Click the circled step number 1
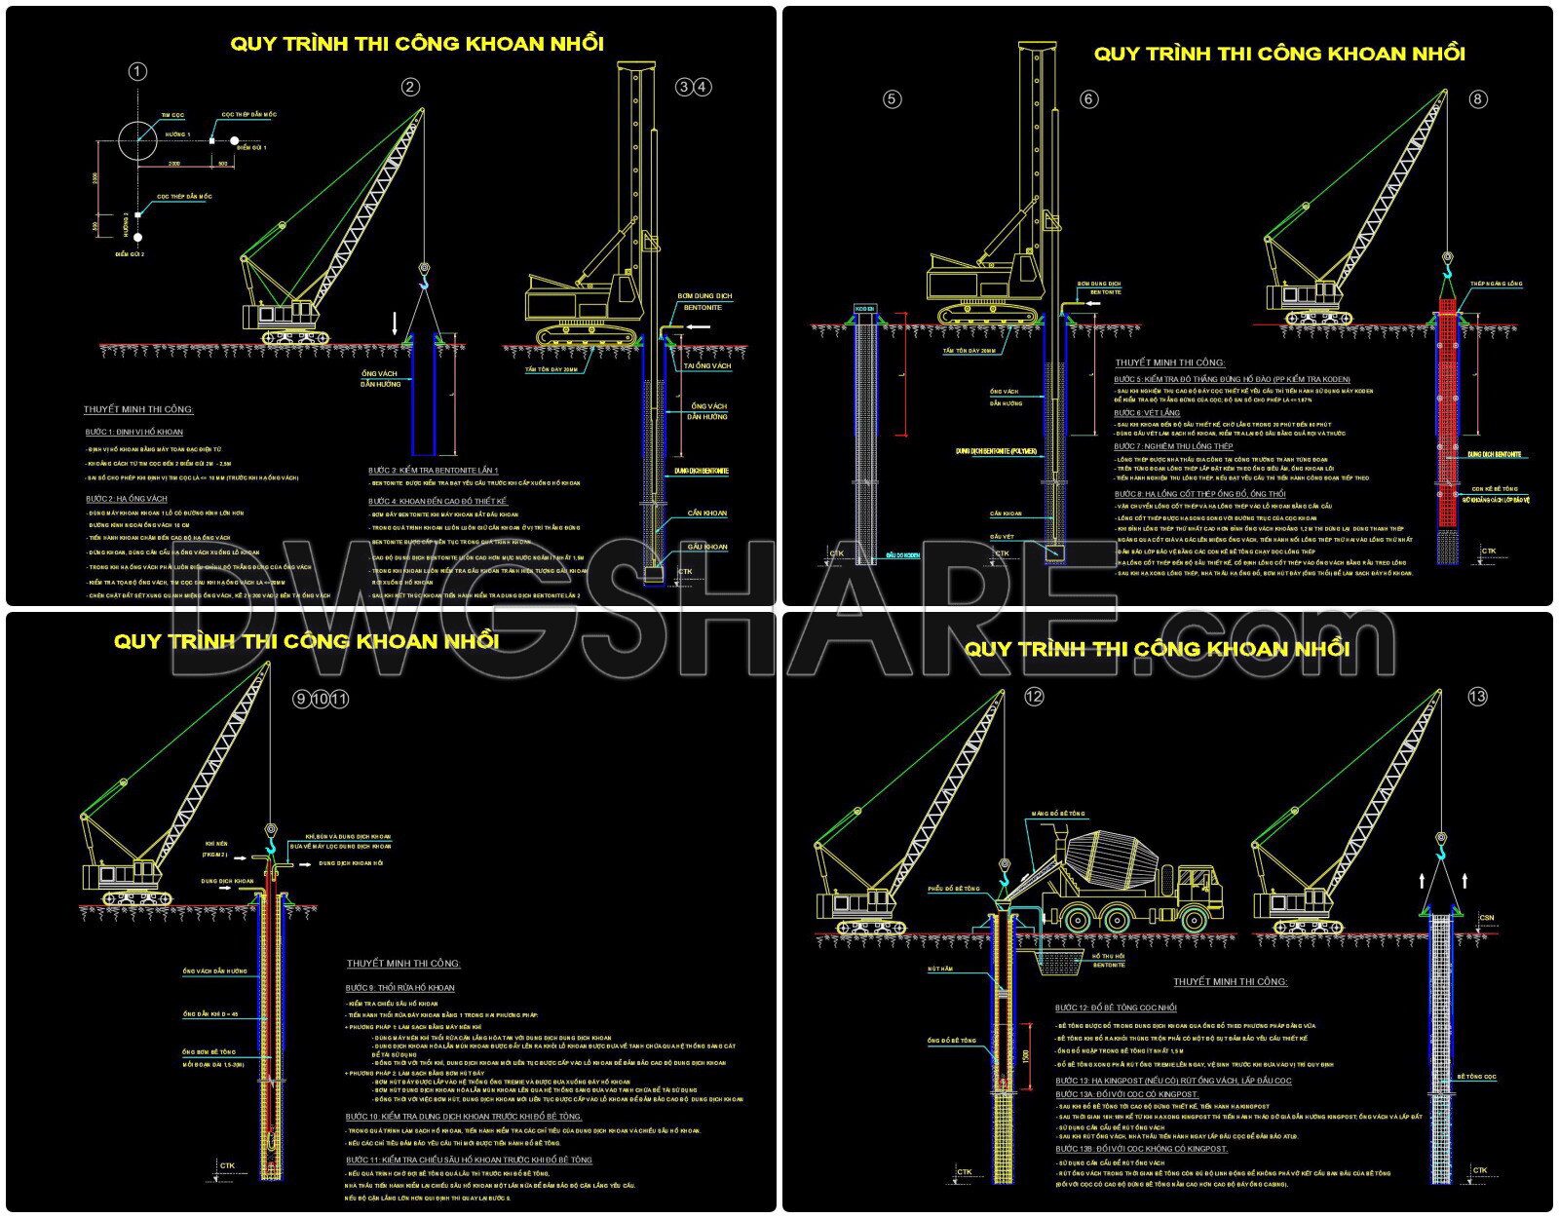coord(137,71)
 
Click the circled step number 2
coord(410,87)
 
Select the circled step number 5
coord(892,98)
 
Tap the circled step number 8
coord(1478,98)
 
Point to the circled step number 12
coord(1034,696)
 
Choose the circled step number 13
coord(1477,696)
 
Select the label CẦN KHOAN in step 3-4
coord(706,513)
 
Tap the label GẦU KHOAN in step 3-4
coord(707,547)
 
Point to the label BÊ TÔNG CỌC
coord(1476,1077)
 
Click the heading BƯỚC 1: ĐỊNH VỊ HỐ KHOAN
coord(133,432)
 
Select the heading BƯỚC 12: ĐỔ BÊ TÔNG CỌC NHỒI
coord(1116,1008)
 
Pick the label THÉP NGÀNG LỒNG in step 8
coord(1496,284)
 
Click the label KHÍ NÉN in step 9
coord(215,844)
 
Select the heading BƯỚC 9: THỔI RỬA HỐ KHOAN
coord(399,987)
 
